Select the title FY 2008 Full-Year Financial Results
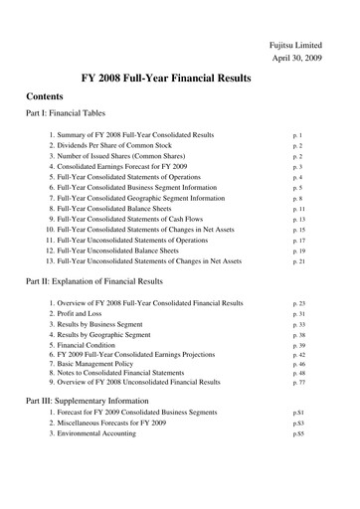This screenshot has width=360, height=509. point(179,79)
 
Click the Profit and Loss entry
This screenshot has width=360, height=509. point(95,314)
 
